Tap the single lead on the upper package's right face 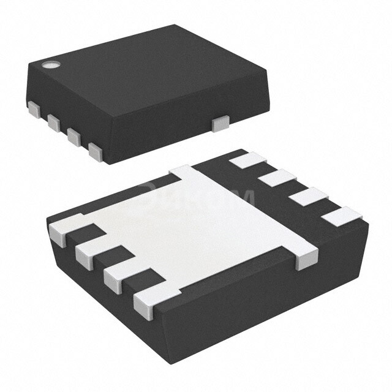(x=219, y=124)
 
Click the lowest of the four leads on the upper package (x=95, y=151)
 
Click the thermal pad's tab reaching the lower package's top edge (x=184, y=175)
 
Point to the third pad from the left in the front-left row (x=118, y=275)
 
